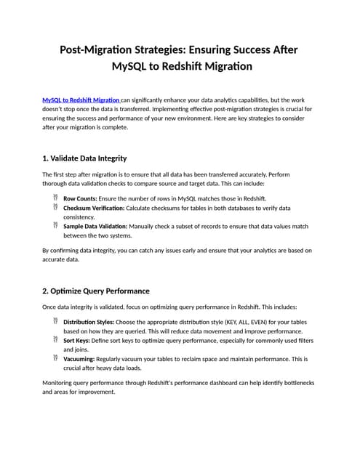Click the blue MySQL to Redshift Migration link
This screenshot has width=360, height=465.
point(81,99)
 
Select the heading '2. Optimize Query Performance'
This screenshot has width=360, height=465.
point(96,291)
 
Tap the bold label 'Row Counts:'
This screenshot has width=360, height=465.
point(80,198)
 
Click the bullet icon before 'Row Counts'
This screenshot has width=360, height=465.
point(55,198)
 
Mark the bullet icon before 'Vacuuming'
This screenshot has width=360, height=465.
point(55,358)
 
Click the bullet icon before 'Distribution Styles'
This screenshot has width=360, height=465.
point(55,321)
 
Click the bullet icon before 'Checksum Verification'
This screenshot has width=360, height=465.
point(55,207)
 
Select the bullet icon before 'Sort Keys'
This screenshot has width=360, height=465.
point(55,339)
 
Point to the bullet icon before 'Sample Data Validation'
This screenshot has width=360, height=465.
point(55,226)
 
